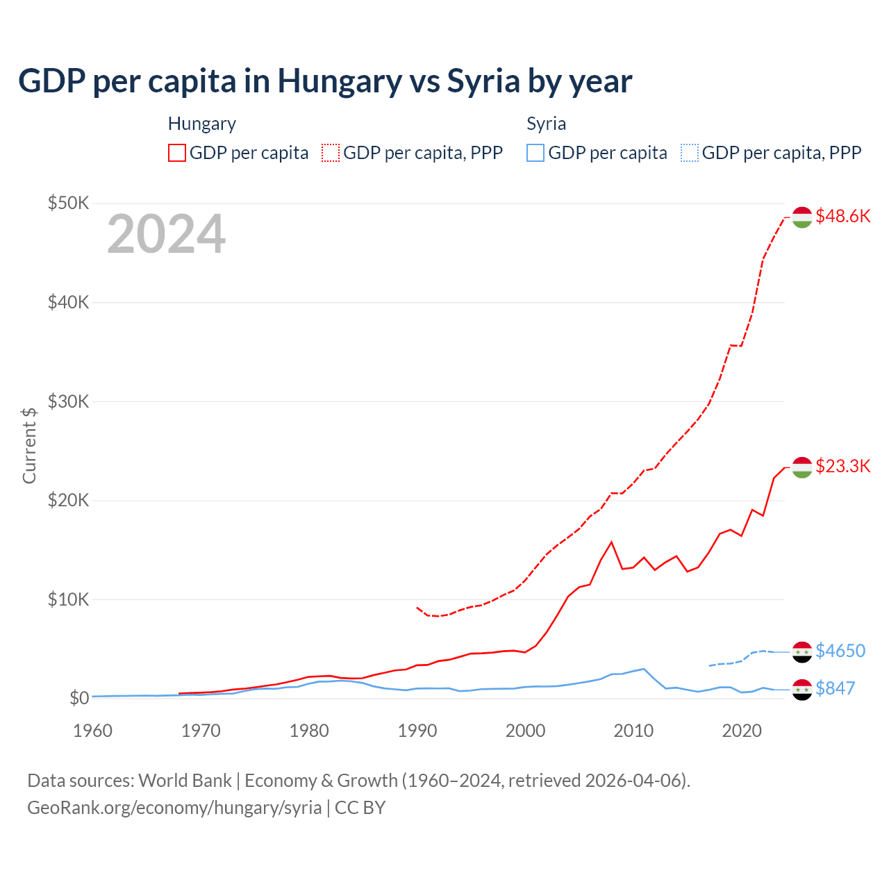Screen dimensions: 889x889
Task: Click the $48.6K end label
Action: [842, 216]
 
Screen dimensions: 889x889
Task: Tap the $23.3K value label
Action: [842, 465]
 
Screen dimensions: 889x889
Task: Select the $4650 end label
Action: [840, 651]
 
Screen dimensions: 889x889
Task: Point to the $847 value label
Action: [835, 688]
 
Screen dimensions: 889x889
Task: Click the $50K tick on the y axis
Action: [68, 203]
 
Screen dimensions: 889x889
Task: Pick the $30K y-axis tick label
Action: [68, 401]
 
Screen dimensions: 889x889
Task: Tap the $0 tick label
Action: [78, 698]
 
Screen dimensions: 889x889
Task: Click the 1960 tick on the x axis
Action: [92, 731]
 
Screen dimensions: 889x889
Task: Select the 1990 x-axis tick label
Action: [417, 731]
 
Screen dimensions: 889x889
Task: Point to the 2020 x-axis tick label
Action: [742, 731]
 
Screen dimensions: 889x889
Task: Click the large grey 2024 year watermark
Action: [166, 234]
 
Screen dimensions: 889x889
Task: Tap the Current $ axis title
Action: [29, 445]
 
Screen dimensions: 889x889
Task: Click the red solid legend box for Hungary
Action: [177, 153]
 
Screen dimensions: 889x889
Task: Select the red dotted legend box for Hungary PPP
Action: [331, 153]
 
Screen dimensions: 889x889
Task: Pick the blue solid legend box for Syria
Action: [535, 153]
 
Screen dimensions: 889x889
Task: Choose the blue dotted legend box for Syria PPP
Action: [690, 153]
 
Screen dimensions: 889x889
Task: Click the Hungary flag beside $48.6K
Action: [802, 217]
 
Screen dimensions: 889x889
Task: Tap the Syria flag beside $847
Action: [802, 689]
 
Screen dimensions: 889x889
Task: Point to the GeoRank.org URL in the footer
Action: [174, 808]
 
